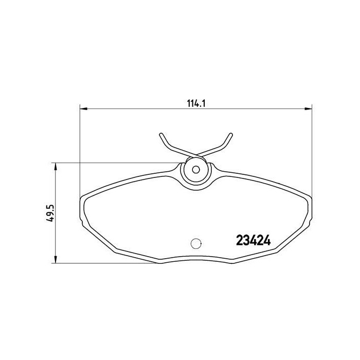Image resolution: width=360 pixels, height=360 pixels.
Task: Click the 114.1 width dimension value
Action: [x=196, y=102]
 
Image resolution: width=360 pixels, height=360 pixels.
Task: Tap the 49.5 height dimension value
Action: [x=50, y=212]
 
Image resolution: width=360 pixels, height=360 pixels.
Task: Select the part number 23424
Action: [x=253, y=240]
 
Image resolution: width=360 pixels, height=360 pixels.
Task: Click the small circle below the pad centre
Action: [x=195, y=244]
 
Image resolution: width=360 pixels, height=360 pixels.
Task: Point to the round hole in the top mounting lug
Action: [x=195, y=169]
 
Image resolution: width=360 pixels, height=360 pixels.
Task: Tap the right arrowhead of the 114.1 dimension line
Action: [x=310, y=109]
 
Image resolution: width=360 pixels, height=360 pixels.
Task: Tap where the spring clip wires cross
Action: [x=195, y=154]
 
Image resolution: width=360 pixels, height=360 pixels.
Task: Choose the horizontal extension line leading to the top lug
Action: [x=118, y=163]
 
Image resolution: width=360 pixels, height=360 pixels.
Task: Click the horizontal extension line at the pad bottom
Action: [x=103, y=264]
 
